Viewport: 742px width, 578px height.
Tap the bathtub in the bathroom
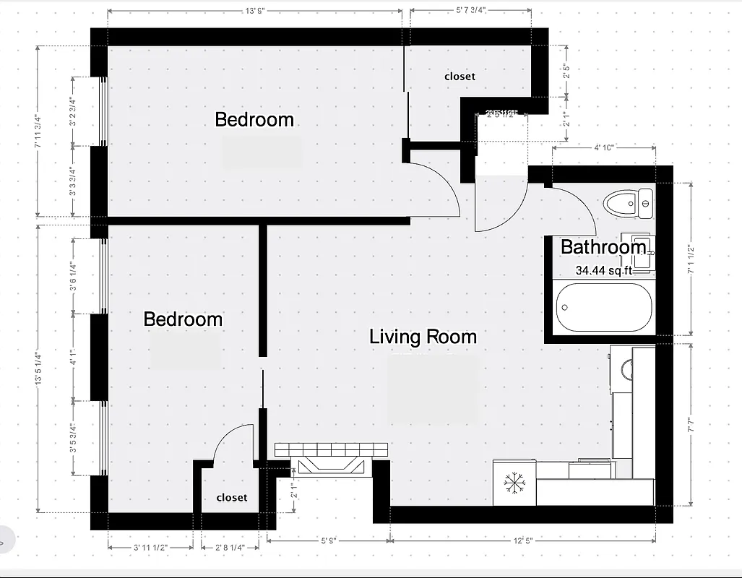click(x=604, y=307)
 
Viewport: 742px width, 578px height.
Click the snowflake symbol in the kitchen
click(x=514, y=483)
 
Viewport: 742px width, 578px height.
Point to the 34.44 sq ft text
click(x=604, y=271)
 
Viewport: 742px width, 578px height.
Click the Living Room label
click(x=423, y=337)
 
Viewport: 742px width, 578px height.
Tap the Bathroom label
click(x=603, y=247)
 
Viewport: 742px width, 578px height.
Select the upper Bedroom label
click(x=254, y=119)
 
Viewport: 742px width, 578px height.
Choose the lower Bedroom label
click(x=183, y=319)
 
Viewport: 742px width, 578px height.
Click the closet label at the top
click(x=460, y=76)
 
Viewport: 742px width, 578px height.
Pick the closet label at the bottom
click(x=231, y=497)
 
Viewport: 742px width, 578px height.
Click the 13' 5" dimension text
click(x=254, y=10)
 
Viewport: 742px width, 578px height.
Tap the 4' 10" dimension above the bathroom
click(x=603, y=147)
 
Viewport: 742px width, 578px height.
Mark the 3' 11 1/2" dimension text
click(x=150, y=547)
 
